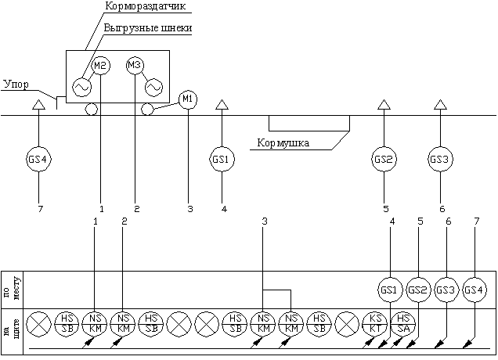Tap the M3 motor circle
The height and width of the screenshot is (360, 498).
tap(135, 66)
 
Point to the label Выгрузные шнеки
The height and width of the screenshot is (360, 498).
tap(148, 28)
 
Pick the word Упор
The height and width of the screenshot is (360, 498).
tap(17, 83)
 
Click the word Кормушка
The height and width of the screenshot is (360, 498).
tap(283, 143)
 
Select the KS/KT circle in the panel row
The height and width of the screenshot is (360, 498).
tap(375, 323)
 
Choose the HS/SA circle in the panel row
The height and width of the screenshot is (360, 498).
tap(403, 323)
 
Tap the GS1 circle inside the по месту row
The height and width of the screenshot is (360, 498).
tap(390, 290)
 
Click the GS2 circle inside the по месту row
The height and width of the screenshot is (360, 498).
tap(419, 290)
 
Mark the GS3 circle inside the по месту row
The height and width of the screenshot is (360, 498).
tap(447, 290)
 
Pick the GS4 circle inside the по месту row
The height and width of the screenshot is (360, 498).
tap(475, 290)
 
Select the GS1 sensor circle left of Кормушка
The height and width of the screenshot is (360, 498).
tap(222, 159)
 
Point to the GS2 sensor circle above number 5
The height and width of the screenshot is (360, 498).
tap(384, 159)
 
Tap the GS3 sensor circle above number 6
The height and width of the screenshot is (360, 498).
tap(440, 159)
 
